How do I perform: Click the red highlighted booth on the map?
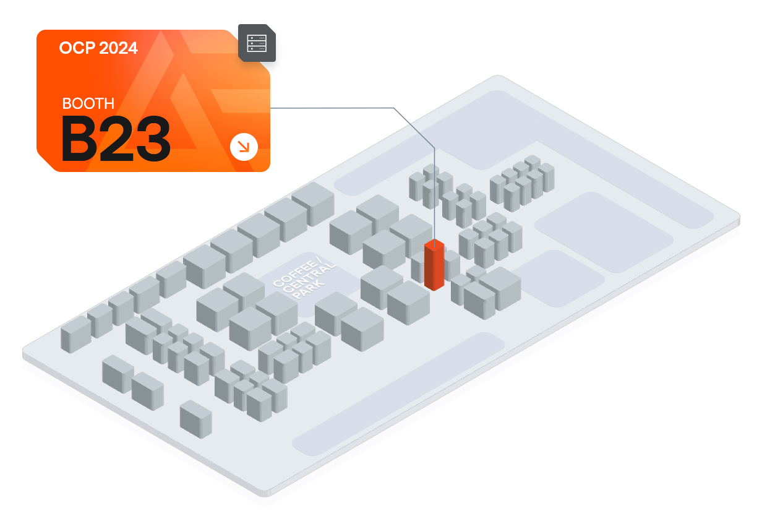pos(434,265)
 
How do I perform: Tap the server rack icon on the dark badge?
pos(257,43)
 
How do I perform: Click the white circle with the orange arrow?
pos(244,147)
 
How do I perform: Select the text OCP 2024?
pos(98,48)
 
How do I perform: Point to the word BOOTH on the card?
pos(88,103)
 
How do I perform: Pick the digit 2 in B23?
pos(116,138)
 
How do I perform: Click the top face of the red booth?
pos(434,244)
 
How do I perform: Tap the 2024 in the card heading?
pos(118,48)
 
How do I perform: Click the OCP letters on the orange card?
pos(77,48)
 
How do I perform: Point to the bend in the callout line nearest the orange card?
pos(393,108)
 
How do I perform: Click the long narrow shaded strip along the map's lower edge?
pos(398,394)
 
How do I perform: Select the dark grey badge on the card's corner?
pos(257,43)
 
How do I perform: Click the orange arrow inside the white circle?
pos(244,147)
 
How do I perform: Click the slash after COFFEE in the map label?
pos(318,261)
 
